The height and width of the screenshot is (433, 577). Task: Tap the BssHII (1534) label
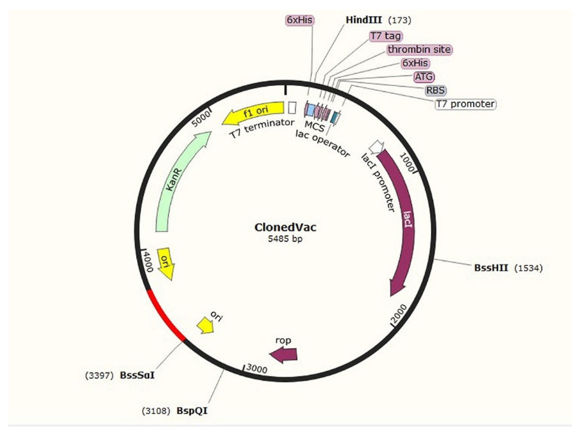pyautogui.click(x=491, y=268)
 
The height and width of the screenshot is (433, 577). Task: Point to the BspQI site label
pyautogui.click(x=192, y=411)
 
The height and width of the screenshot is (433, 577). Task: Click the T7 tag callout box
pyautogui.click(x=386, y=36)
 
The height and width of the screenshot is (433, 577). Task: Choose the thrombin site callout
pyautogui.click(x=419, y=49)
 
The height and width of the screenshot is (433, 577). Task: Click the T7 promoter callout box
pyautogui.click(x=465, y=104)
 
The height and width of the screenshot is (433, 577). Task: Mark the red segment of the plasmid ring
pyautogui.click(x=163, y=317)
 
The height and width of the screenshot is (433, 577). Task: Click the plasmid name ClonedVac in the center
pyautogui.click(x=285, y=227)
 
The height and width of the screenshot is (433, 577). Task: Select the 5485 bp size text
pyautogui.click(x=285, y=239)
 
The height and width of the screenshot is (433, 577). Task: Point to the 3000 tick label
pyautogui.click(x=257, y=369)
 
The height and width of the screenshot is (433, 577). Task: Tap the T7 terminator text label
pyautogui.click(x=262, y=129)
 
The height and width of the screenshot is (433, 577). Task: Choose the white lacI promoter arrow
pyautogui.click(x=377, y=147)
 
